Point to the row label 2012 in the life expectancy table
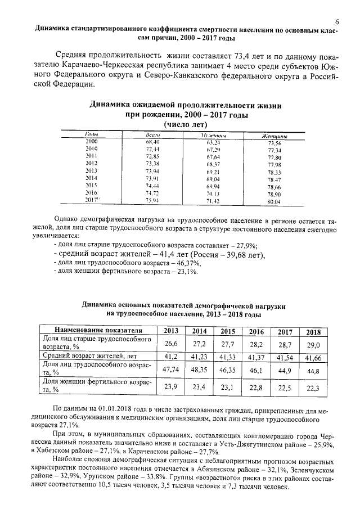pos(91,164)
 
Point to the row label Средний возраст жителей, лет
pos(91,357)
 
